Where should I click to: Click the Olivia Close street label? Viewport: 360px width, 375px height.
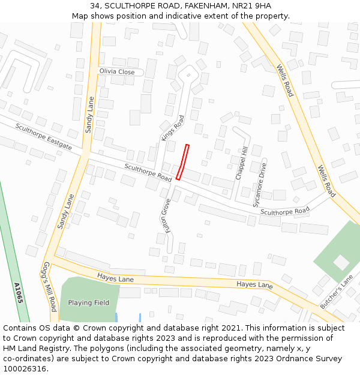pos(117,71)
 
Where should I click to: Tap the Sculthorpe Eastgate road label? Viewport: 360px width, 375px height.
pos(44,137)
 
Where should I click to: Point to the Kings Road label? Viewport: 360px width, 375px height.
pos(172,128)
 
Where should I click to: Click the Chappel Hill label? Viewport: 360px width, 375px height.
pos(241,163)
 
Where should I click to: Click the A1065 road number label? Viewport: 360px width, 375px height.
pos(19,292)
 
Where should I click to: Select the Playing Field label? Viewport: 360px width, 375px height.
pos(89,303)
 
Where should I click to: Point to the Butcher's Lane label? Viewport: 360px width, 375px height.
pos(337,292)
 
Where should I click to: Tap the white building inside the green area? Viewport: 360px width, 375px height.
pos(341,262)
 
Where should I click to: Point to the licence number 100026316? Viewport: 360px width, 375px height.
pos(26,369)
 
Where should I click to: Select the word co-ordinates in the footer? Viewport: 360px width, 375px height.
pos(26,359)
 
